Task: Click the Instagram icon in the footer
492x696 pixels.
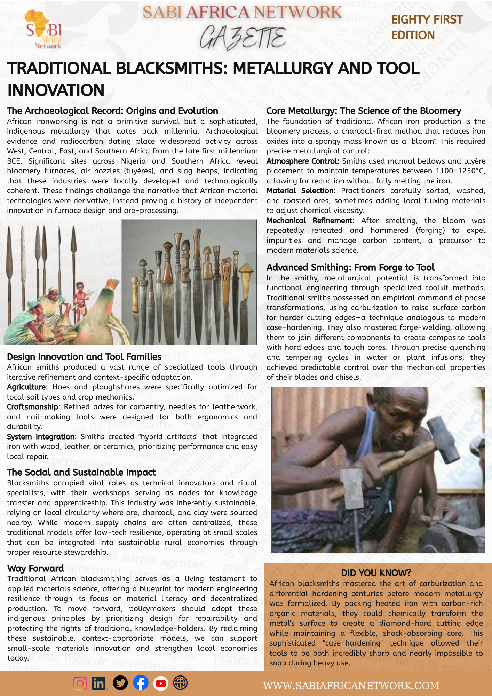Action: tap(80, 683)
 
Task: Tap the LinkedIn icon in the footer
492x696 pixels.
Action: tap(100, 683)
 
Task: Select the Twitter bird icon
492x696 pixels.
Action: tap(120, 683)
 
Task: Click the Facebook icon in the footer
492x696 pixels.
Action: tap(141, 683)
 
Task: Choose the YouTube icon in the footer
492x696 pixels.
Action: tap(161, 683)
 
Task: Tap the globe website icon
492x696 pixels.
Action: tap(180, 683)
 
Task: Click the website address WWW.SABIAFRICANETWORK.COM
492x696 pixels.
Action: tap(351, 686)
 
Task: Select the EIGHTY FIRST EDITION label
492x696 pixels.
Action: tap(427, 27)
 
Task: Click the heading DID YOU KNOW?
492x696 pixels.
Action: tap(376, 573)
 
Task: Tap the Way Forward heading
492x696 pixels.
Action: tap(35, 569)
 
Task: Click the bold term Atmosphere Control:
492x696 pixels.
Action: tap(303, 161)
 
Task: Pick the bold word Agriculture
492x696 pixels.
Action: tap(26, 387)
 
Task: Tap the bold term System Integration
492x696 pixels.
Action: tap(41, 437)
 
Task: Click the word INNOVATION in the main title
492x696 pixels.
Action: tap(56, 90)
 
